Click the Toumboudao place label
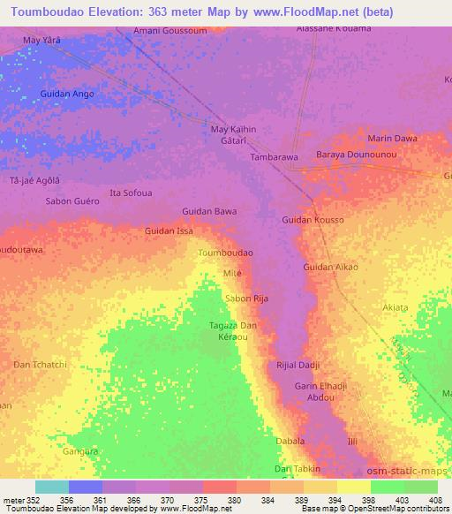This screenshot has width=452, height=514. (226, 253)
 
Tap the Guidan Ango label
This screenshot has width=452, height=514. (67, 94)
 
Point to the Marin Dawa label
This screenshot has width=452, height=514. (392, 139)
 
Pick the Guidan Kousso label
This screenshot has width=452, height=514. (313, 218)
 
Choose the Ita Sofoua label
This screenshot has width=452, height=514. (130, 193)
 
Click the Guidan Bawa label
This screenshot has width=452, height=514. (208, 211)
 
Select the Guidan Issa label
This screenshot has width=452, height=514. (169, 231)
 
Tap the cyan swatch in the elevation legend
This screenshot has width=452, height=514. (52, 487)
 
